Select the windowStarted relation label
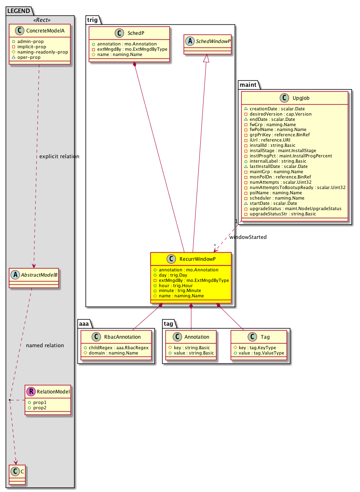tap(248, 237)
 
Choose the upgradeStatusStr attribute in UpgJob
tap(283, 213)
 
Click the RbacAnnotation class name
tap(121, 337)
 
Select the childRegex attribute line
tap(116, 348)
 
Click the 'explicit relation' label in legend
tap(59, 157)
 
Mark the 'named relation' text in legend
tap(45, 346)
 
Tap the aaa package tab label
tap(85, 323)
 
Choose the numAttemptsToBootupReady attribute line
tap(297, 187)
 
